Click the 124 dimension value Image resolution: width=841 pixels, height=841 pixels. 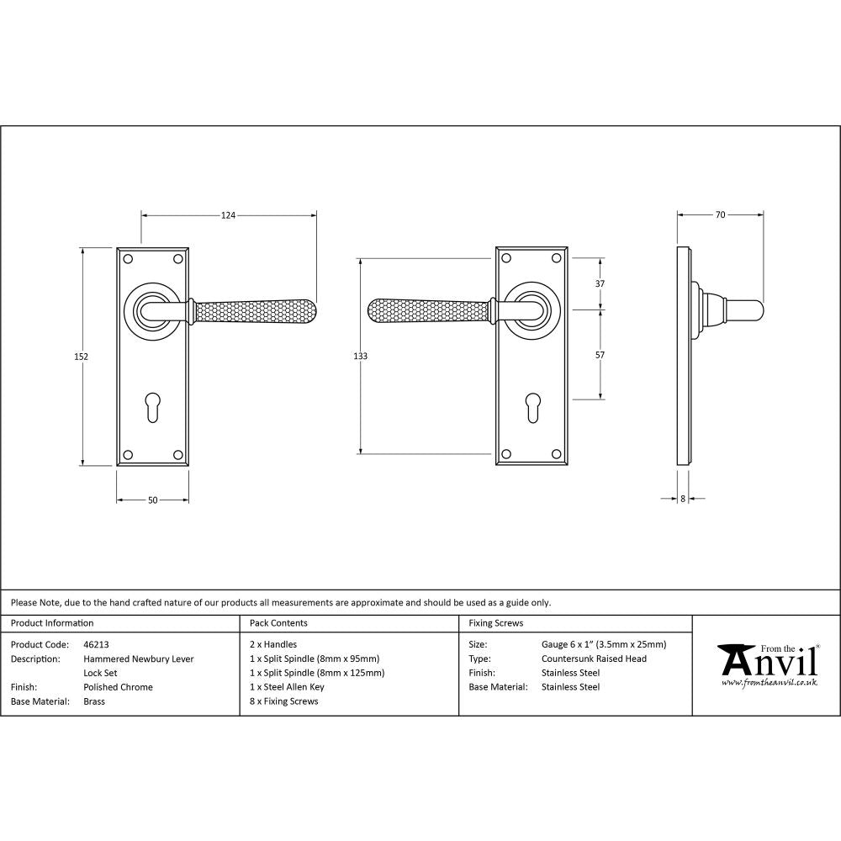pyautogui.click(x=228, y=215)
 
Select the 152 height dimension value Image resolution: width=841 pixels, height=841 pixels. pyautogui.click(x=82, y=357)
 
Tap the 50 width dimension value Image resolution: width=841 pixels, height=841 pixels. pyautogui.click(x=152, y=500)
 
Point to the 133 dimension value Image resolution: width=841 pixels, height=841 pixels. pyautogui.click(x=360, y=357)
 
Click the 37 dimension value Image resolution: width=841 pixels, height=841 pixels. pyautogui.click(x=600, y=284)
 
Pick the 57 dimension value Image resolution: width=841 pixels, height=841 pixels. pyautogui.click(x=600, y=355)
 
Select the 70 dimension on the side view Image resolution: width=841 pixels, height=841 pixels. pyautogui.click(x=720, y=215)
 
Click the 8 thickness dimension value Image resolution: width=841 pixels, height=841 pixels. pyautogui.click(x=683, y=499)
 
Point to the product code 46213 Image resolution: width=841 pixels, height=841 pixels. pyautogui.click(x=97, y=645)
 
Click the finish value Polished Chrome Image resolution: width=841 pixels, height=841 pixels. pyautogui.click(x=118, y=687)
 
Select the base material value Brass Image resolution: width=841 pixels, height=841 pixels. pyautogui.click(x=94, y=701)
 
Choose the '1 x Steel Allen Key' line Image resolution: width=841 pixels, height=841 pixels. pyautogui.click(x=287, y=687)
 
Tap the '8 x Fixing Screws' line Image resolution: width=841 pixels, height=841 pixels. pyautogui.click(x=284, y=701)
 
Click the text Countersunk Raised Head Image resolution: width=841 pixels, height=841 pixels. pyautogui.click(x=594, y=659)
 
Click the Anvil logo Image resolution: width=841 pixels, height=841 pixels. pyautogui.click(x=767, y=664)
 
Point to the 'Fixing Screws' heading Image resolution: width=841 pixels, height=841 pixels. pyautogui.click(x=495, y=623)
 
